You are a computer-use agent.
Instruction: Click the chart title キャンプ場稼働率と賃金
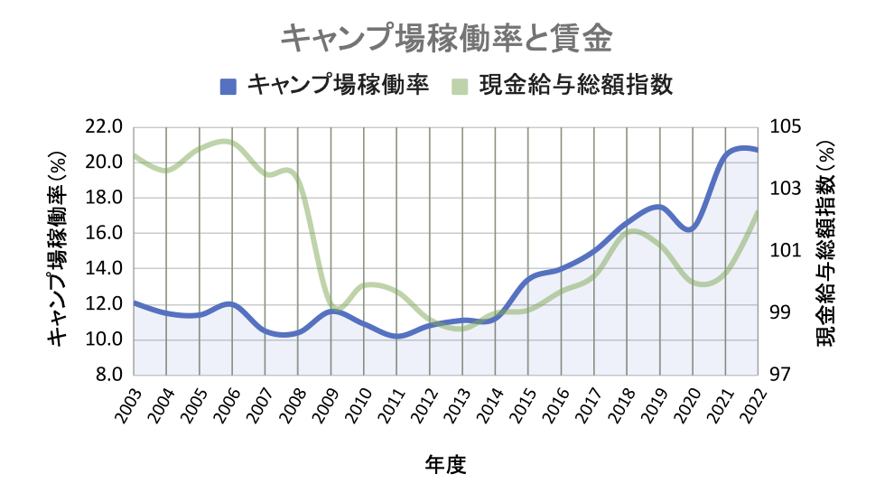447,39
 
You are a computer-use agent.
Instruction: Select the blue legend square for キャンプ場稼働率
228,86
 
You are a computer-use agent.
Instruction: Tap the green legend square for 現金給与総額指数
460,86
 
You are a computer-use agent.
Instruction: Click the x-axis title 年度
445,466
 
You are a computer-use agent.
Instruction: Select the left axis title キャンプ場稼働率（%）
56,250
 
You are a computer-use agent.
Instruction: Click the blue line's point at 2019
659,207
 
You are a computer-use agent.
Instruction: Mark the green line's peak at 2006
226,142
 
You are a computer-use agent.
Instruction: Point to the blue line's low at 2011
396,336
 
